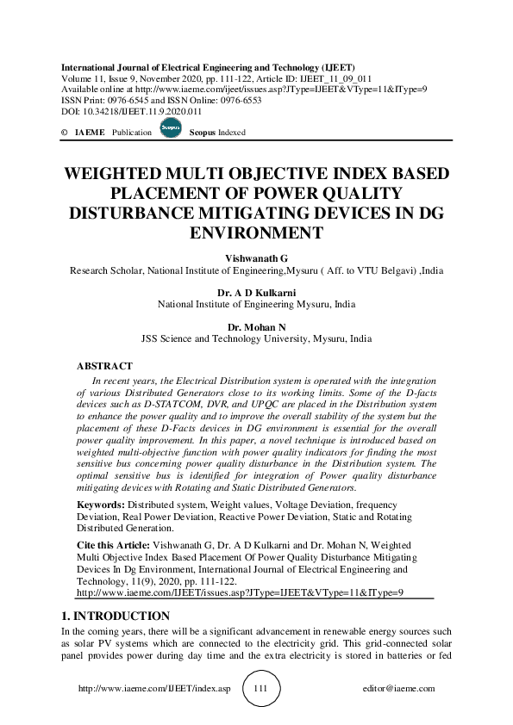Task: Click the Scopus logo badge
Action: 170,129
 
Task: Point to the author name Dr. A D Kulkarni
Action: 256,293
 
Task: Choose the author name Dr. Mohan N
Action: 256,327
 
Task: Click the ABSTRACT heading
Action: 104,367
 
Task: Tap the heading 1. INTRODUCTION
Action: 116,616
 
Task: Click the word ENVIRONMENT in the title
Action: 256,232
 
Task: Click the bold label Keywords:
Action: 100,505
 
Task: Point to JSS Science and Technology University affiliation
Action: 256,339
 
